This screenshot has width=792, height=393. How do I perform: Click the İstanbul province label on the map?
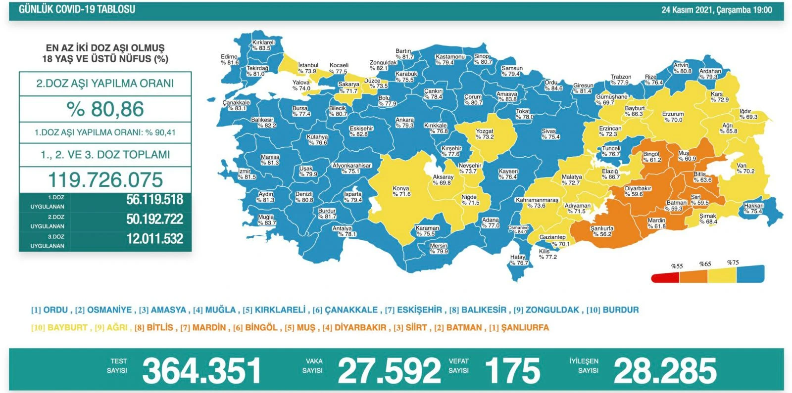(307, 68)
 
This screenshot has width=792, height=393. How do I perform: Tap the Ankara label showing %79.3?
(404, 123)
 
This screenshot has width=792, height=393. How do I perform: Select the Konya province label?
(401, 191)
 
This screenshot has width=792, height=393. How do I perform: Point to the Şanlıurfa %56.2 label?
(602, 231)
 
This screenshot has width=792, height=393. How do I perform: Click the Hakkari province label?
(753, 208)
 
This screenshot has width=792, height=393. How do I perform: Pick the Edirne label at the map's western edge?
(230, 60)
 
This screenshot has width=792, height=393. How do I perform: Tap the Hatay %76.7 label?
(518, 260)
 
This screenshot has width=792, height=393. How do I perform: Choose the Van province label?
(744, 169)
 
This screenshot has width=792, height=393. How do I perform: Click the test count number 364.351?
(201, 371)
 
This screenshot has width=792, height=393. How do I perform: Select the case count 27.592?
(389, 371)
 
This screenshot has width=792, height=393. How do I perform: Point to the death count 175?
(512, 371)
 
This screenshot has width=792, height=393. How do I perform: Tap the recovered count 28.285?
(665, 371)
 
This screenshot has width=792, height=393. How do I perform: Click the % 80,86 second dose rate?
(105, 109)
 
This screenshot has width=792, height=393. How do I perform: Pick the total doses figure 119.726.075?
(105, 179)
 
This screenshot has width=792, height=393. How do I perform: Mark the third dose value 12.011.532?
(154, 239)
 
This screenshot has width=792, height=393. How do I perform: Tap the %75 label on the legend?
(733, 262)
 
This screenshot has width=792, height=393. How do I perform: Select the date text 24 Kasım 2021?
(688, 10)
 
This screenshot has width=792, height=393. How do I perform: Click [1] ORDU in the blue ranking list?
(49, 310)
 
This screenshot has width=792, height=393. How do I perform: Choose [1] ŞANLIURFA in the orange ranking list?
(519, 327)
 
